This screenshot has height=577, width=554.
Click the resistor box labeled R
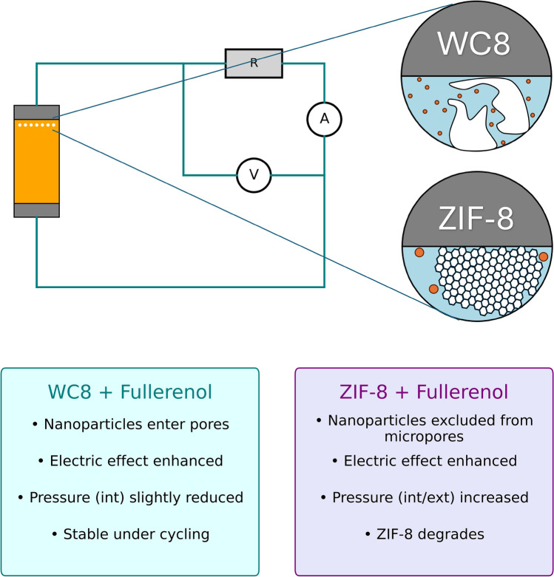(254, 64)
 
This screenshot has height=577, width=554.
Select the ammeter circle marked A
(324, 119)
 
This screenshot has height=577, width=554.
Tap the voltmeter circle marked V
(254, 175)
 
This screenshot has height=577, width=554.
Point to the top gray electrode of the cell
(36, 112)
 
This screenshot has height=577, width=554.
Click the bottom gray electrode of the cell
(36, 210)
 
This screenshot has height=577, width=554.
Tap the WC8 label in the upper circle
(473, 44)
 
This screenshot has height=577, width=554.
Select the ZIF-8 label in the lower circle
(476, 219)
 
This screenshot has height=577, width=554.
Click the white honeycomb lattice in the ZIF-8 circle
(487, 281)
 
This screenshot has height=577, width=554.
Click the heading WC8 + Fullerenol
(130, 392)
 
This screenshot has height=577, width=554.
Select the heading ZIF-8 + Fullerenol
(424, 392)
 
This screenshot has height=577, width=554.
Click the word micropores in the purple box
(424, 437)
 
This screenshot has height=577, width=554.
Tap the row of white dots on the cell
(37, 125)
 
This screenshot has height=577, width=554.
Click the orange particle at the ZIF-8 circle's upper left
(419, 252)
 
